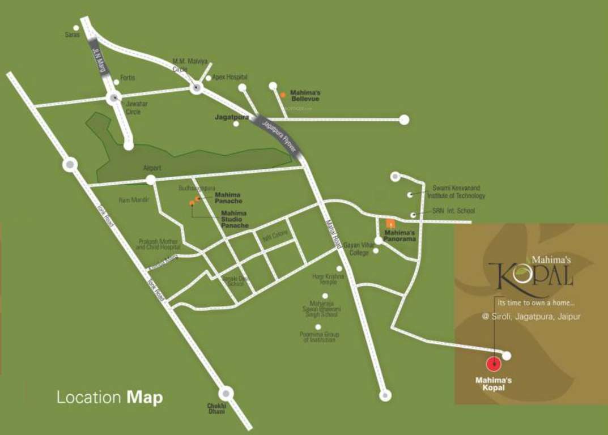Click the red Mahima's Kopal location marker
click(x=494, y=364)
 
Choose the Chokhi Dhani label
click(x=216, y=408)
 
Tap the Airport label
click(x=152, y=168)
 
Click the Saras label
click(x=72, y=35)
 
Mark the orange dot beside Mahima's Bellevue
click(x=283, y=95)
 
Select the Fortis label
click(x=127, y=78)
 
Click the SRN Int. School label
click(x=453, y=211)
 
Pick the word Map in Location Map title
click(x=144, y=397)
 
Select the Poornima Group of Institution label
click(x=319, y=337)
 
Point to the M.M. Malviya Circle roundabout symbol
click(x=197, y=88)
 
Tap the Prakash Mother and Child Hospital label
click(x=159, y=244)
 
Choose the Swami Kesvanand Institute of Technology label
click(x=458, y=192)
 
